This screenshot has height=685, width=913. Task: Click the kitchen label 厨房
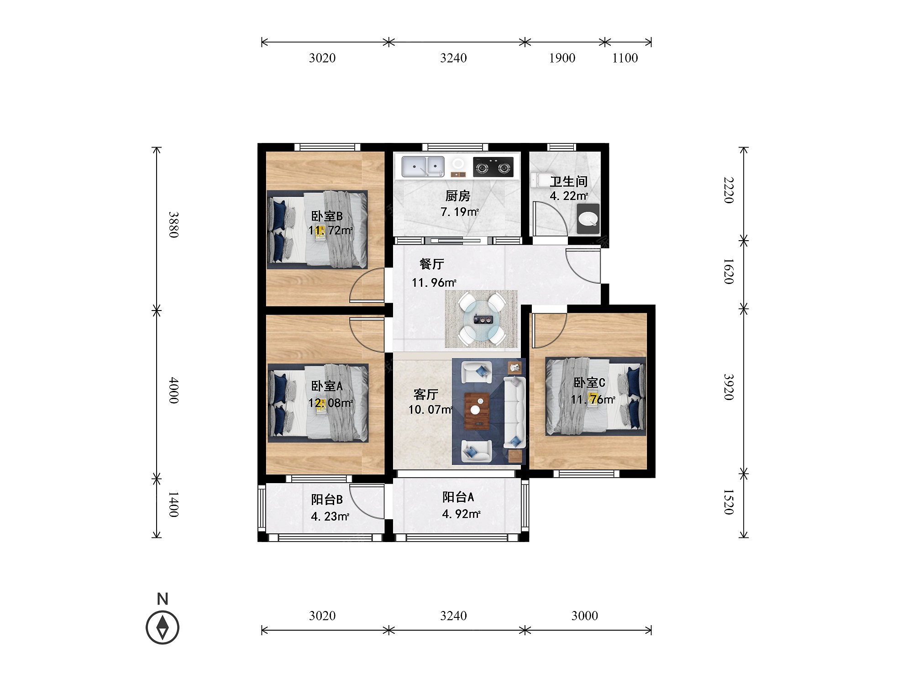[x=458, y=196]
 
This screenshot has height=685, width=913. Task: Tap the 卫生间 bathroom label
[x=568, y=182]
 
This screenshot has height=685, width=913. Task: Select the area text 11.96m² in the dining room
[x=434, y=283]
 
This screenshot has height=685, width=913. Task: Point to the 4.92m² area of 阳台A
[x=461, y=514]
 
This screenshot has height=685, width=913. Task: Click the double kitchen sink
[x=423, y=167]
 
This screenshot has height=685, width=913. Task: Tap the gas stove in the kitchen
[x=493, y=167]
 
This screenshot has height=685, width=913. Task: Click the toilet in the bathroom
[x=588, y=219]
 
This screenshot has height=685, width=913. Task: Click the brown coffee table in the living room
[x=477, y=411]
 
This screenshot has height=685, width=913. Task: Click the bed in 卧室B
[x=317, y=230]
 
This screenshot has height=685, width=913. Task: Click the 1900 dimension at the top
[x=562, y=58]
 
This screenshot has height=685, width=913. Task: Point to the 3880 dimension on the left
[x=173, y=225]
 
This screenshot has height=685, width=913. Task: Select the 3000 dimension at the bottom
[x=584, y=616]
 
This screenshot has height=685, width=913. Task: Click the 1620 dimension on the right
[x=729, y=271]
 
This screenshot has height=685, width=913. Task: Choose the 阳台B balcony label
[x=327, y=500]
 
